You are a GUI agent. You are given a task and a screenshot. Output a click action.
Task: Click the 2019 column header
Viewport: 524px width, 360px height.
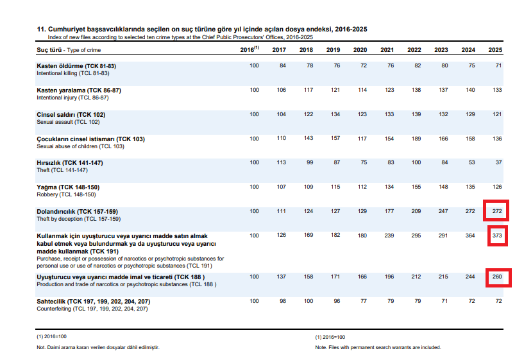[x=333, y=50]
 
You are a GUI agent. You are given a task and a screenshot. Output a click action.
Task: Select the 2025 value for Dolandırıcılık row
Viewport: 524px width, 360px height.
[x=497, y=211]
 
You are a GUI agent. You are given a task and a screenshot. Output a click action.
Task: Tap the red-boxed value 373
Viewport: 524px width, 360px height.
[x=497, y=236]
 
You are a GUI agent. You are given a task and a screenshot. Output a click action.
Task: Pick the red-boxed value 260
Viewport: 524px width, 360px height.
[x=497, y=277]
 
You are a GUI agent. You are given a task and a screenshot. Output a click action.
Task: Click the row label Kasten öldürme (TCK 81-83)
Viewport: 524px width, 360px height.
[x=76, y=66]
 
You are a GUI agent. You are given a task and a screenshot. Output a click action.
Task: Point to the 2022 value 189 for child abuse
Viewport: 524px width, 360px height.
[x=416, y=139]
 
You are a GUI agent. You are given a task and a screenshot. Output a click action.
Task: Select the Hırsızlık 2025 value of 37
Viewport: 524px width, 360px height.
[x=498, y=162]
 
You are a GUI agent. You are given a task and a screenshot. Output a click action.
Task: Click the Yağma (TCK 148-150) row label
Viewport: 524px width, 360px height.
[x=68, y=187]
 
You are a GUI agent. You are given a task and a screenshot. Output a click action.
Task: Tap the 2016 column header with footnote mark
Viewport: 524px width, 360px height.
[x=249, y=49]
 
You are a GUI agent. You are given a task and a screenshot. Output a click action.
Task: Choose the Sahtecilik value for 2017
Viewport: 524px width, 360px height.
[x=283, y=301]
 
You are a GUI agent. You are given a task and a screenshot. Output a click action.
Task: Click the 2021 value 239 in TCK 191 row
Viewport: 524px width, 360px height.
[x=389, y=236]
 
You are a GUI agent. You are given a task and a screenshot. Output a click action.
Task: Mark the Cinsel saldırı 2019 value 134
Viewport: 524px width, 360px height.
[x=335, y=114]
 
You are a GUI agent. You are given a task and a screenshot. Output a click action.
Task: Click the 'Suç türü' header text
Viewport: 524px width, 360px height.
[x=49, y=50]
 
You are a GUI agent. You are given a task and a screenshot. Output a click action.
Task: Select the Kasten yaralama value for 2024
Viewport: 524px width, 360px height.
[x=470, y=90]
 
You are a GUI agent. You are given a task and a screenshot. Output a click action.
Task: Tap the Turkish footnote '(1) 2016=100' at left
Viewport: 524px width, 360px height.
[x=51, y=336]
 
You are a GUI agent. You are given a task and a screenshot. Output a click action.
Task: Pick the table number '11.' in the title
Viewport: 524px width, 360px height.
[x=41, y=29]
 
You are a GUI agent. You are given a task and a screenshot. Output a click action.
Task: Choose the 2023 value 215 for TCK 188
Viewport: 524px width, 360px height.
[x=443, y=277]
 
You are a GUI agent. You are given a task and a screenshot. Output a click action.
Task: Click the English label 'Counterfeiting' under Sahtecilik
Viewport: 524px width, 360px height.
[x=54, y=309]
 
